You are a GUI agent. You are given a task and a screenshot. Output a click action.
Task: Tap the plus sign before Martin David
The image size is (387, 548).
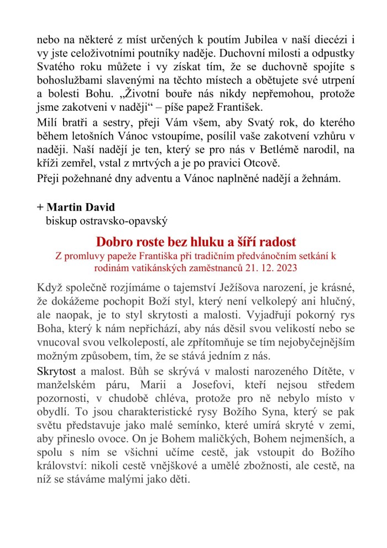coord(40,208)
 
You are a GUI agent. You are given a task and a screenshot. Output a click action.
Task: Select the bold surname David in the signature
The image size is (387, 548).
coord(100,208)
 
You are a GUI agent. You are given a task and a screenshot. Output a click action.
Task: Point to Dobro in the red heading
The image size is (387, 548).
coord(112,242)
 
